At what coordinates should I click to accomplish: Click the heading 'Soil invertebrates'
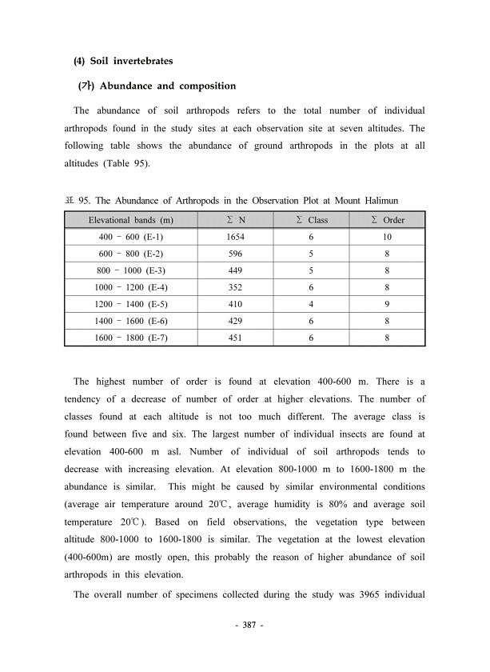[x=129, y=61]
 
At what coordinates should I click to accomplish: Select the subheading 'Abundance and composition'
[x=167, y=86]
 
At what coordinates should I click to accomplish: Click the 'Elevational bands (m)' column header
[x=131, y=220]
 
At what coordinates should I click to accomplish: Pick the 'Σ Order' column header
[x=388, y=220]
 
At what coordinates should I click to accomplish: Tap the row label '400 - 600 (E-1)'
[x=131, y=238]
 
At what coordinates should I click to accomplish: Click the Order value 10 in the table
[x=387, y=238]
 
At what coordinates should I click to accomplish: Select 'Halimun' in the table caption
[x=380, y=199]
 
